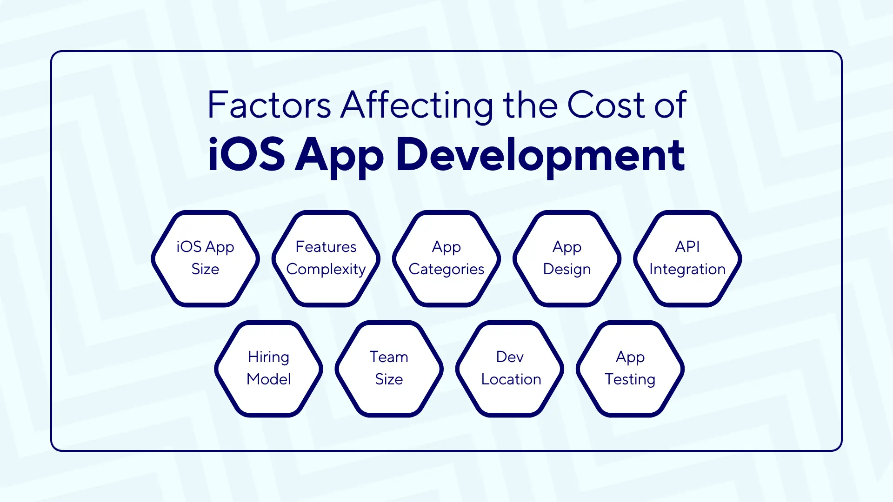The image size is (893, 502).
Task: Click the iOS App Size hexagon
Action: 205,258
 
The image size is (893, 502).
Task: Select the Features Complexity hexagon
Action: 326,258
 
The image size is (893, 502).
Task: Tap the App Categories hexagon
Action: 446,258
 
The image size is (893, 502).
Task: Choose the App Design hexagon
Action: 567,258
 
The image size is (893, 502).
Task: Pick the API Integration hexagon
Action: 687,258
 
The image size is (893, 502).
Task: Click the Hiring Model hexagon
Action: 268,369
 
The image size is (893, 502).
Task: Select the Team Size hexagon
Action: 389,369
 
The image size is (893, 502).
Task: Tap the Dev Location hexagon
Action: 510,369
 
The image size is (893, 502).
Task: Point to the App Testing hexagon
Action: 630,369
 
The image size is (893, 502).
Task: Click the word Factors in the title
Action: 269,105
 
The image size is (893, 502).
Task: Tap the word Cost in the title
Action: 606,105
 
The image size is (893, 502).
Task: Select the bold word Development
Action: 540,155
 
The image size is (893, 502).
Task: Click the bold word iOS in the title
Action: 246,154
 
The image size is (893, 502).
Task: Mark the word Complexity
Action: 326,270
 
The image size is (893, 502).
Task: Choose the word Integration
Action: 687,270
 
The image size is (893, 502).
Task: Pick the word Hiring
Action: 268,357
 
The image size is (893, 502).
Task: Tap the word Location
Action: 511,379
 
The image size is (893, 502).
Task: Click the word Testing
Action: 630,380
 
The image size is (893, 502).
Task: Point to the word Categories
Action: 446,270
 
